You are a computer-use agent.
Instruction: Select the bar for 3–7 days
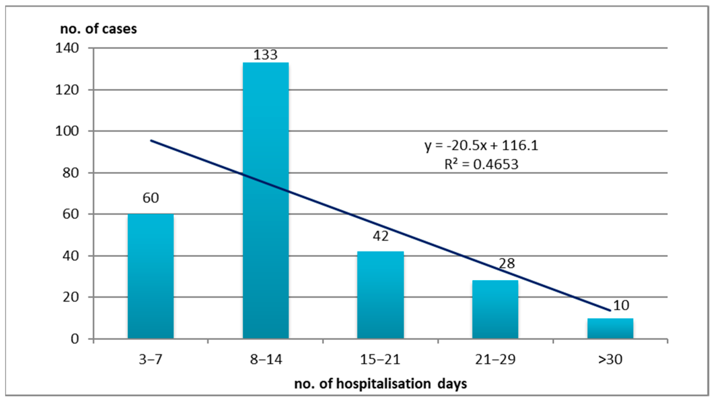point(150,276)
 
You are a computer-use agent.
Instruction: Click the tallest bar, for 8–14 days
point(266,200)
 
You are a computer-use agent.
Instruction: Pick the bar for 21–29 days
point(495,309)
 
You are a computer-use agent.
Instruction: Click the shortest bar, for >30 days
point(610,328)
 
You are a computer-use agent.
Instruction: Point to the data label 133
point(265,55)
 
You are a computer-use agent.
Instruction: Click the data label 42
point(381,236)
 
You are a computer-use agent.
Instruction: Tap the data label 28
point(507,263)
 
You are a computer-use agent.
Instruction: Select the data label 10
point(621,305)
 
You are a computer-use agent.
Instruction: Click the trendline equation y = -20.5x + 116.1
point(481,145)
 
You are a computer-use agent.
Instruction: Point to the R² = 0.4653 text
point(481,164)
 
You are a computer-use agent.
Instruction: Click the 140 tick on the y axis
point(67,48)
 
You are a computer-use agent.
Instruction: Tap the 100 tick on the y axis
point(67,131)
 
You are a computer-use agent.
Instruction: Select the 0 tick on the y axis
point(75,339)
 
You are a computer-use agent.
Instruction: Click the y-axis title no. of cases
point(98,29)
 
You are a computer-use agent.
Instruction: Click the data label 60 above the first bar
point(150,198)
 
